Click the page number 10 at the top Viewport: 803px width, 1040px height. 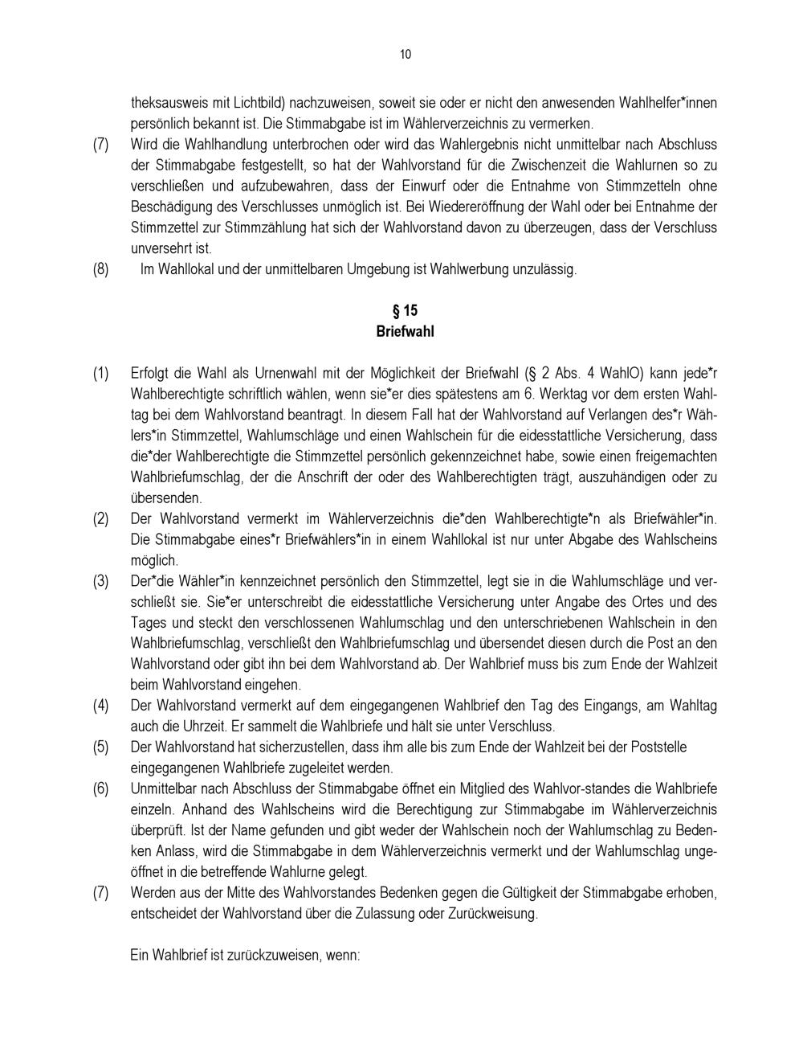point(405,55)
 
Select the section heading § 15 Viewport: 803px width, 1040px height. point(405,310)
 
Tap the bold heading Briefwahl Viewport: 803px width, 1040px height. point(405,331)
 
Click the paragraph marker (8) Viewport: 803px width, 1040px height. point(100,269)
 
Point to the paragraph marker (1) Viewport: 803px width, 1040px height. point(100,374)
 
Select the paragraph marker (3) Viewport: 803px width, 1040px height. point(100,581)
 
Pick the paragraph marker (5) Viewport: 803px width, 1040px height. point(100,747)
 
